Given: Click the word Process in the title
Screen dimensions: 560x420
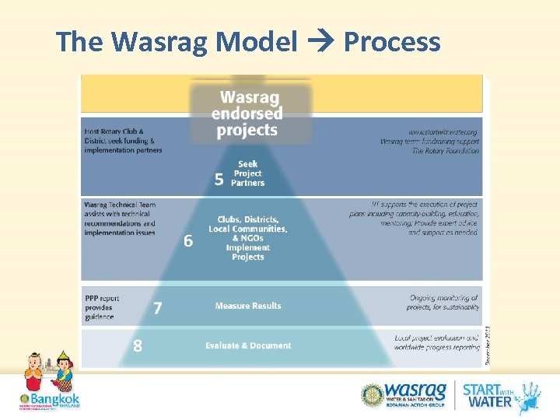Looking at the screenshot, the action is point(391,42).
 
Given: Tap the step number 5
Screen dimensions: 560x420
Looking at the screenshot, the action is point(219,180).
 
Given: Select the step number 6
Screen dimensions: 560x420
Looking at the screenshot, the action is point(188,241).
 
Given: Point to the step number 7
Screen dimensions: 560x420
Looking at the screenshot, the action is point(157,308).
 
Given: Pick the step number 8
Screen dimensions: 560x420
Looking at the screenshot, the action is point(138,345).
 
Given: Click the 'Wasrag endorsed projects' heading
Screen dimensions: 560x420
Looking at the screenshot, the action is point(247,114).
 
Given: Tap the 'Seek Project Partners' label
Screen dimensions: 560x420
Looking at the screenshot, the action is point(247,173).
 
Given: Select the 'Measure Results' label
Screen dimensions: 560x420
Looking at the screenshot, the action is point(248,306).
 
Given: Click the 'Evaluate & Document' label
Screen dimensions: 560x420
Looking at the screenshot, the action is point(248,345).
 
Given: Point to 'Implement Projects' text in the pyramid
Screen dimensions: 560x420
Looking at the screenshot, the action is point(248,252).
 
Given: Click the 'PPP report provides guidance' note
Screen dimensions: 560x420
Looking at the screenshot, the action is point(102,307).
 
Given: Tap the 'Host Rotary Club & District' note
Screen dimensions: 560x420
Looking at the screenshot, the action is point(123,141).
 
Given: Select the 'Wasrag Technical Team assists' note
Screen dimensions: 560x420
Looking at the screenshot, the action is point(120,219).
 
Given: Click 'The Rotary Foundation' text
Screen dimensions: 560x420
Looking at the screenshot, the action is point(446,150).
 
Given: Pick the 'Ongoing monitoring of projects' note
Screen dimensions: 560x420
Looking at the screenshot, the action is point(443,302).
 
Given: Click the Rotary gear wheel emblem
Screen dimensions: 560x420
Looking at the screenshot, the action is point(373,394).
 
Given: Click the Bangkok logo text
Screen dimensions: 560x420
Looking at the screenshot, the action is point(54,399).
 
